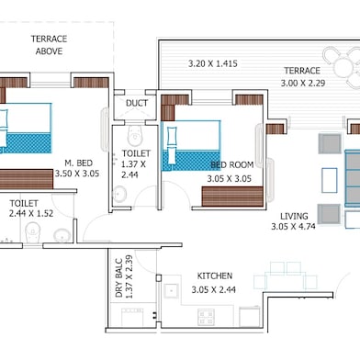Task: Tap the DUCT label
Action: [137, 103]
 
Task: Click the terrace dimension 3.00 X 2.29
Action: [301, 84]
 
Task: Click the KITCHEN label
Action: [214, 276]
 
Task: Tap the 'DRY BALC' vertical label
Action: [118, 276]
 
